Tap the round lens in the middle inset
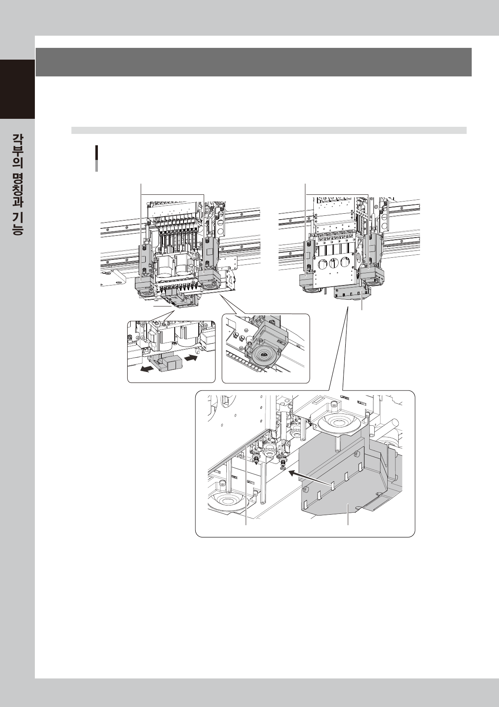pos(263,355)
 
